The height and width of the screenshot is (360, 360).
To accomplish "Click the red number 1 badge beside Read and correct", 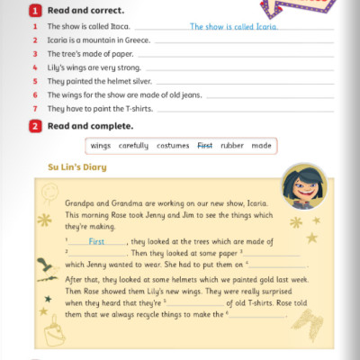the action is [x=35, y=11].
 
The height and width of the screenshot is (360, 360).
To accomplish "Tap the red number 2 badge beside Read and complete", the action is [x=35, y=125].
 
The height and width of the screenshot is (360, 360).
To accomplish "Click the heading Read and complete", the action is [x=77, y=125].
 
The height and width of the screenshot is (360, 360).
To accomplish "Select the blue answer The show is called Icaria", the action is [x=234, y=26].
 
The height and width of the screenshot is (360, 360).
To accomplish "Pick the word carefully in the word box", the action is [x=132, y=146].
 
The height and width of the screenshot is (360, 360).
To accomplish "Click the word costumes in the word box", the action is [x=173, y=146].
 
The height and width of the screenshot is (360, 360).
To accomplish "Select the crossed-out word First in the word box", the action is [x=205, y=146].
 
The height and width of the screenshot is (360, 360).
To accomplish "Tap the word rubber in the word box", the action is [x=232, y=146].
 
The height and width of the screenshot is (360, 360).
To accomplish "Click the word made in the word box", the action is [x=261, y=146].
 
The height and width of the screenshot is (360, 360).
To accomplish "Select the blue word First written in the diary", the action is [x=96, y=242].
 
